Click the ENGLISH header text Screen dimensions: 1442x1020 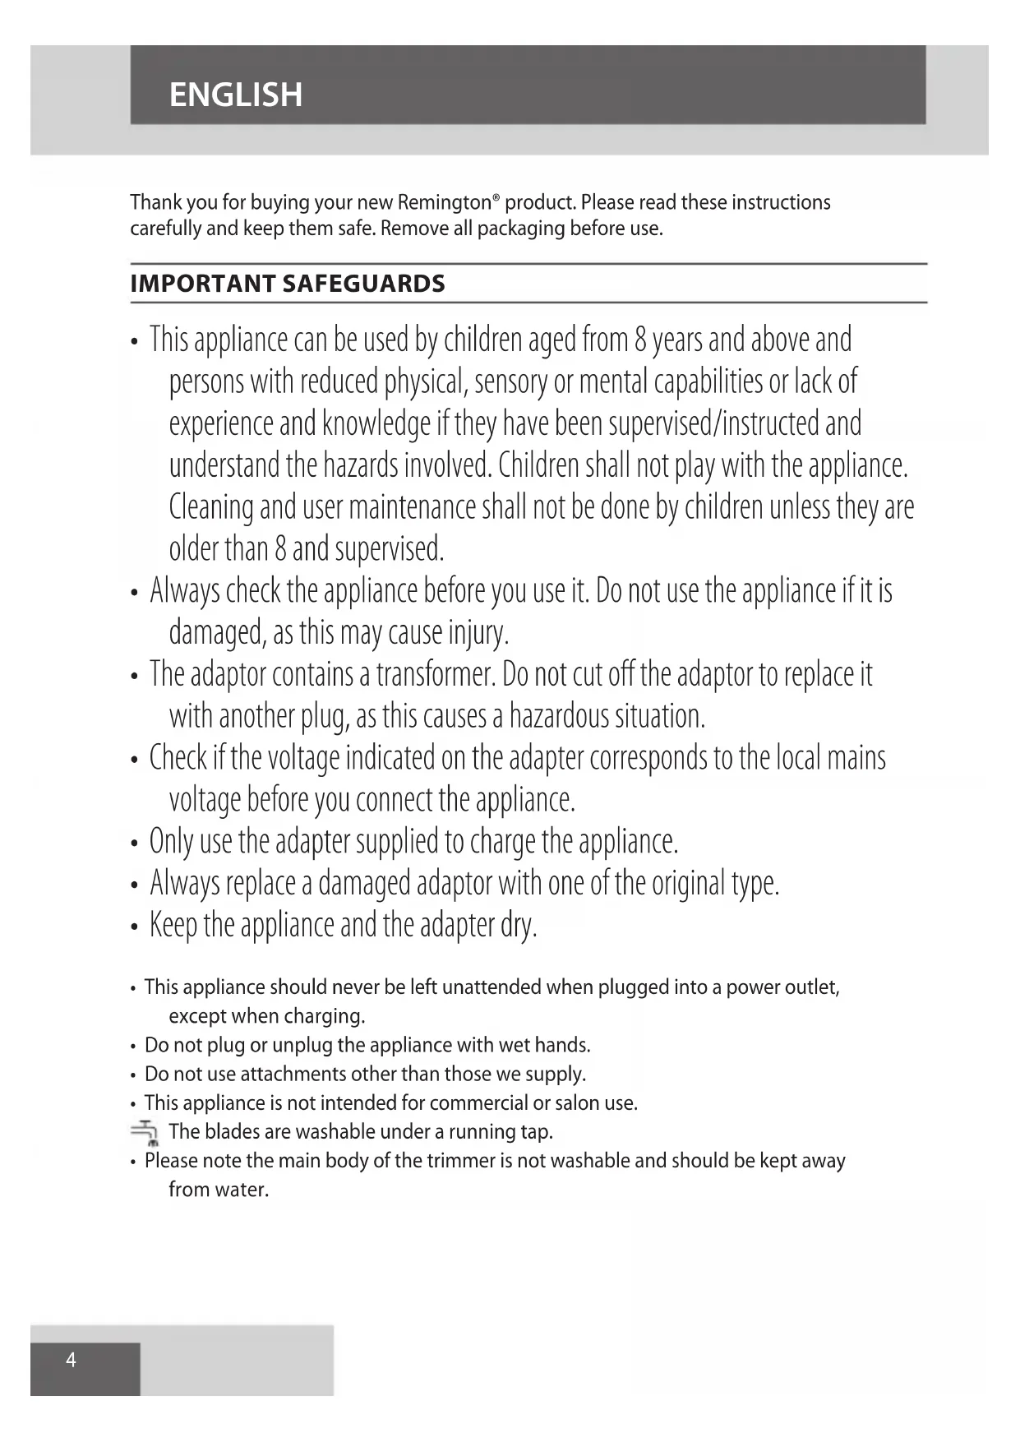[x=236, y=95]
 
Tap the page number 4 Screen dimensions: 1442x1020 [x=71, y=1360]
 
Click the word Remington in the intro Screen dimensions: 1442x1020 [x=445, y=202]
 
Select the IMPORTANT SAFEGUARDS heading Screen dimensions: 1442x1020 [x=288, y=284]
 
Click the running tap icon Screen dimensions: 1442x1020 [x=146, y=1133]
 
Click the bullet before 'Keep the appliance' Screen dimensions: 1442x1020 [x=134, y=927]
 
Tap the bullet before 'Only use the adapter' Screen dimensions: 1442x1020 [x=134, y=843]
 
